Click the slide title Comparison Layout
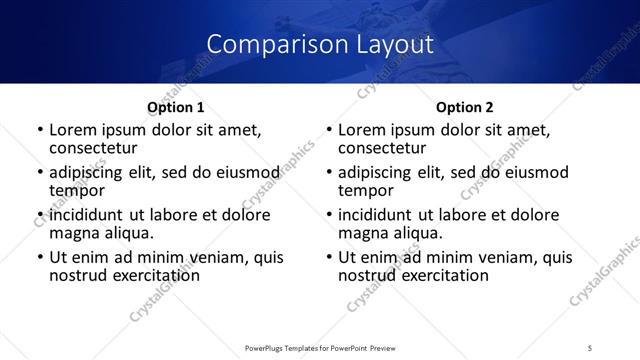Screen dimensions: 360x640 (x=320, y=44)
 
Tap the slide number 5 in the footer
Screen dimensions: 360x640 (x=590, y=347)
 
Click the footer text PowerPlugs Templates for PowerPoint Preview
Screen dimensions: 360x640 (x=319, y=347)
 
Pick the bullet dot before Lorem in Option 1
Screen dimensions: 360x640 (x=39, y=130)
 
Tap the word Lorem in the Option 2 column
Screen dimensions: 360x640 (x=363, y=129)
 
